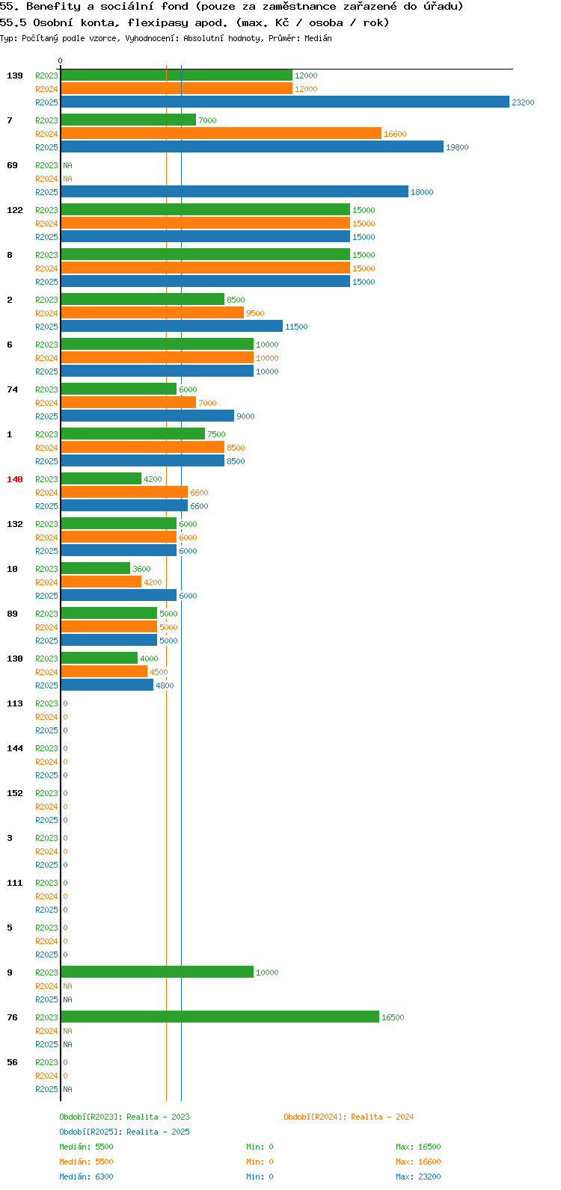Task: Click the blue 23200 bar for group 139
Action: tap(285, 102)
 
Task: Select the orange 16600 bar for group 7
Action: tap(221, 133)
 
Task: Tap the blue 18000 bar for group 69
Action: tap(235, 192)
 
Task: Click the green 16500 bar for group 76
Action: tap(220, 1017)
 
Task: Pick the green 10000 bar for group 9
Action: tap(157, 972)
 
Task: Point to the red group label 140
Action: tap(15, 479)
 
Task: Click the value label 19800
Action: tap(457, 147)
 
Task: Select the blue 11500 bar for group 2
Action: tap(172, 326)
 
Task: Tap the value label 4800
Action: tap(165, 685)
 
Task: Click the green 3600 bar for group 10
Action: tap(96, 568)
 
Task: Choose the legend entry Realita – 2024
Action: tap(349, 1117)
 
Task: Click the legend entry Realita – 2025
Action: tap(124, 1132)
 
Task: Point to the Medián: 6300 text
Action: tap(86, 1177)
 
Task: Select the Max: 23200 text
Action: tap(418, 1177)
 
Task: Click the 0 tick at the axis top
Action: tap(60, 61)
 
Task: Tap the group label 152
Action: tap(15, 793)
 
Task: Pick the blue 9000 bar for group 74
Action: tap(148, 416)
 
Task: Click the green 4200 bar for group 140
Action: tap(101, 478)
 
